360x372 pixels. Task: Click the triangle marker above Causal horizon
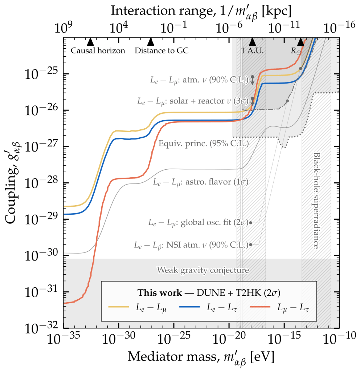click(x=91, y=41)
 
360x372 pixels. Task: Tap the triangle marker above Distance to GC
click(x=151, y=41)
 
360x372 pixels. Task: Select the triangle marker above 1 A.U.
click(x=253, y=41)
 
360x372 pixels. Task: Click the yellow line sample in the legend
click(x=119, y=307)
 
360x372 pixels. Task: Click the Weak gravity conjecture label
click(x=203, y=270)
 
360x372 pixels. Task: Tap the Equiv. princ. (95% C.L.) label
click(x=204, y=143)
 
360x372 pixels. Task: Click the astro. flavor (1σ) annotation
click(x=200, y=181)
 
